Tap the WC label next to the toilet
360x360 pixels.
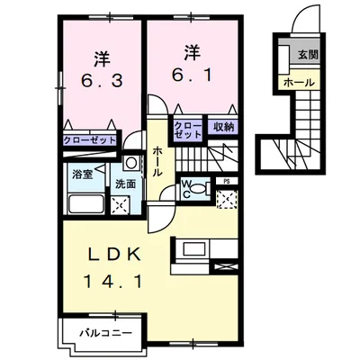coord(189,189)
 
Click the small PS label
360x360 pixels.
coord(225,180)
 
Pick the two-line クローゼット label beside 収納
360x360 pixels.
coord(187,129)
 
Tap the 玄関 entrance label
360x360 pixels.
coord(306,55)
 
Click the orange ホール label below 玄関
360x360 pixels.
coord(299,82)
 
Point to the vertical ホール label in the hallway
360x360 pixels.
coord(158,162)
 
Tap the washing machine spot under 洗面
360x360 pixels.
coord(119,204)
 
